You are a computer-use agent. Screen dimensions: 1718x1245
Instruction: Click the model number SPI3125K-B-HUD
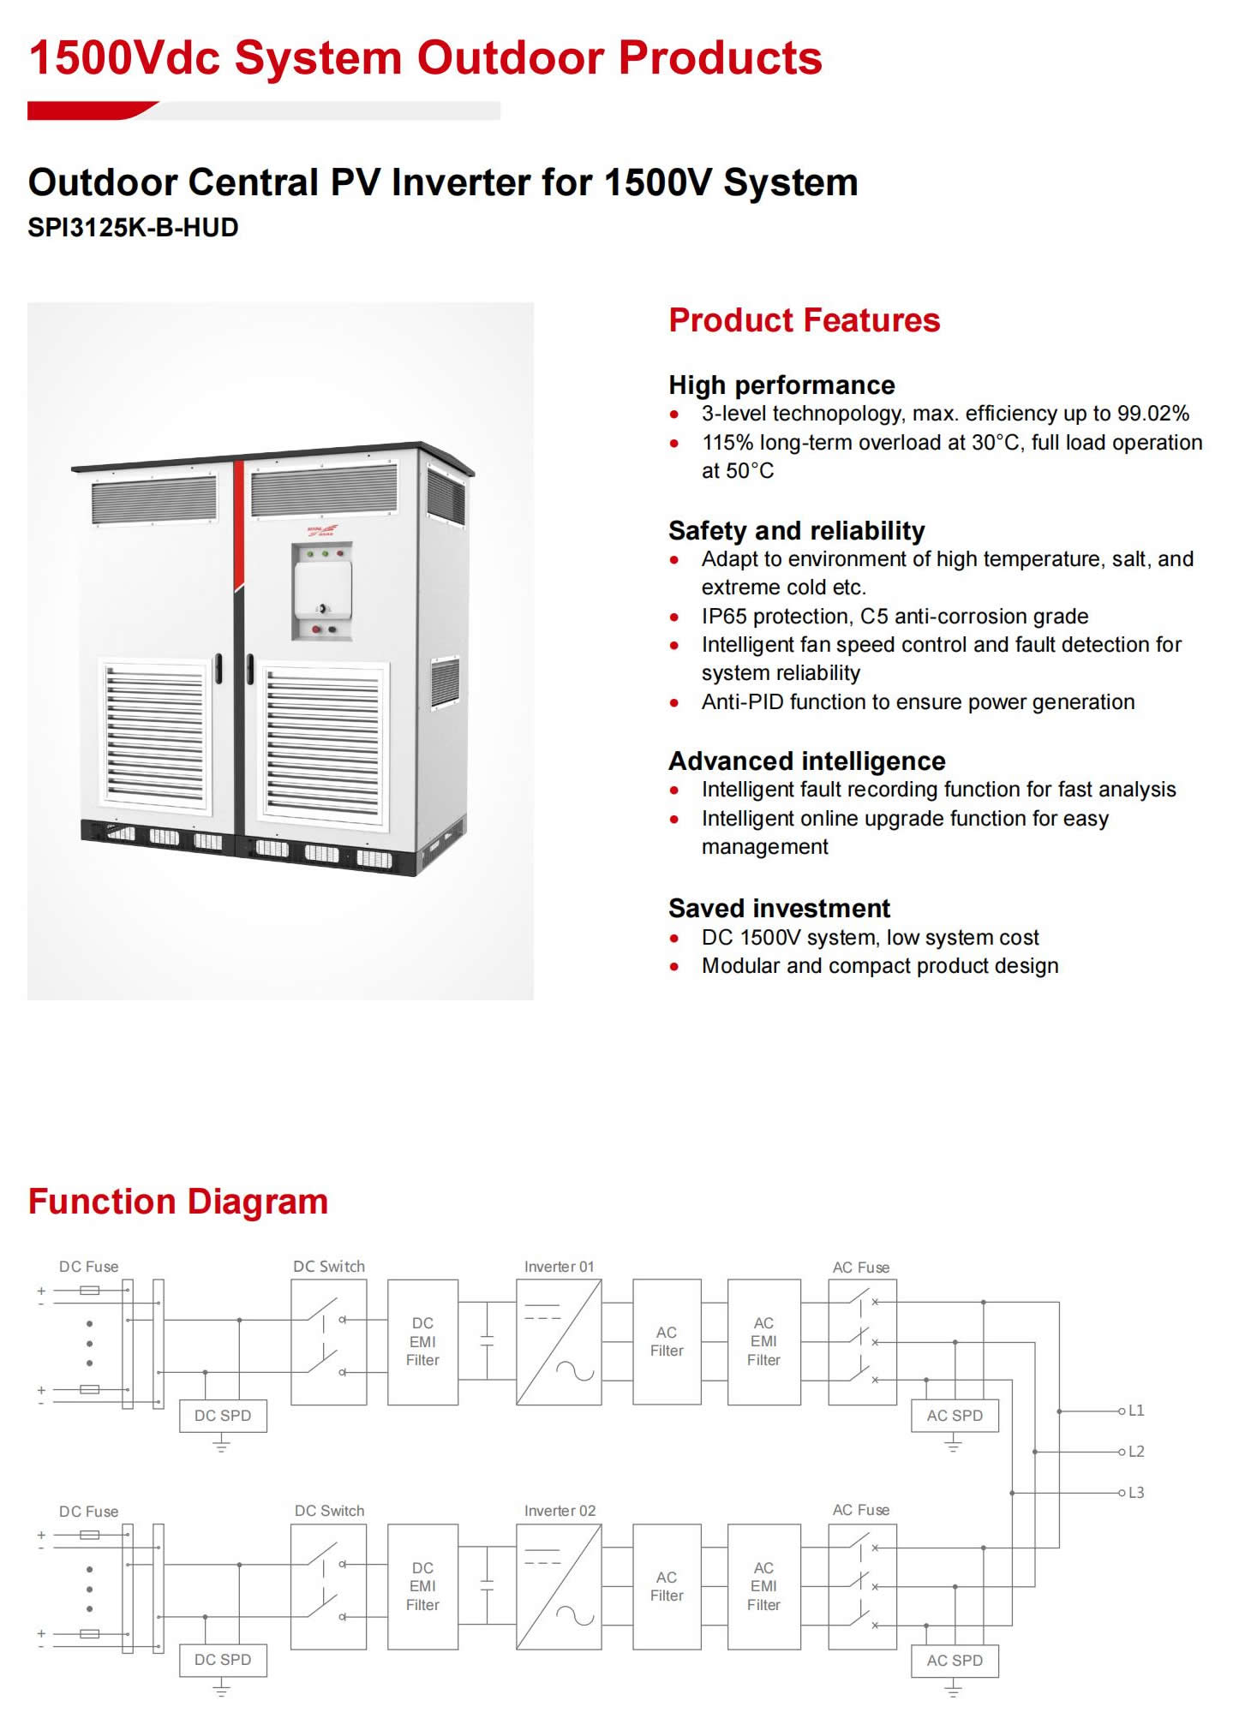133,228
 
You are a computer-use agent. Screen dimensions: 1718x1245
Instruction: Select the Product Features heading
804,320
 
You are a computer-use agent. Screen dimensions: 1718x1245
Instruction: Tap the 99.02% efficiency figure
1152,414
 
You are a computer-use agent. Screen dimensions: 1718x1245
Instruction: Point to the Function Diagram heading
178,1202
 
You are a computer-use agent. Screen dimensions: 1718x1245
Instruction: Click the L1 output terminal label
1136,1411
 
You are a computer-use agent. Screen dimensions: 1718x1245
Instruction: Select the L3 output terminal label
1136,1493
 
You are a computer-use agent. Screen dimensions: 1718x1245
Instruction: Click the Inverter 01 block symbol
559,1342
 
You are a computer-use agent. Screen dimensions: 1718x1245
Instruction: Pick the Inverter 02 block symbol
559,1587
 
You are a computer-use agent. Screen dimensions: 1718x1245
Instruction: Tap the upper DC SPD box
223,1416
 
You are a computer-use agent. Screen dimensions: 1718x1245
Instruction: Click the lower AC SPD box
955,1661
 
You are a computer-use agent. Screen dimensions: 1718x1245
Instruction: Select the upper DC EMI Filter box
422,1342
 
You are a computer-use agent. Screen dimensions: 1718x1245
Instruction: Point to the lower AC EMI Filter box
763,1587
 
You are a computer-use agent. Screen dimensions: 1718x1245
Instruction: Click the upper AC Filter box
667,1342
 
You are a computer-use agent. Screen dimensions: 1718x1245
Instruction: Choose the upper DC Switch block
329,1342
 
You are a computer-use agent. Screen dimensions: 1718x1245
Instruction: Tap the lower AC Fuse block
862,1587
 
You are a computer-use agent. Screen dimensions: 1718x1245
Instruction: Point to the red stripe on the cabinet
239,522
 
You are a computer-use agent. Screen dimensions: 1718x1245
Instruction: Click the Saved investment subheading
779,908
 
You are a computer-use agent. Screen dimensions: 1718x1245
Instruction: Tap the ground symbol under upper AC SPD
953,1447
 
